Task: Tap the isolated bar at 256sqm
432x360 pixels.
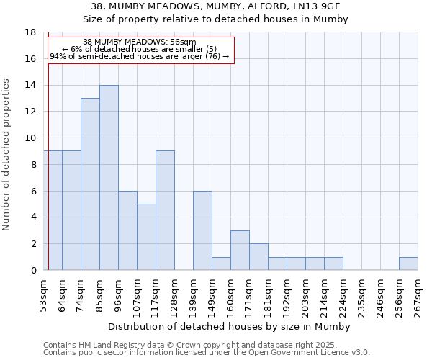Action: click(408, 264)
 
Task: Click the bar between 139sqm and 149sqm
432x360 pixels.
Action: click(202, 230)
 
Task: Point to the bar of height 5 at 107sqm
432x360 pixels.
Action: click(146, 237)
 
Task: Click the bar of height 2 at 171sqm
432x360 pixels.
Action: click(258, 257)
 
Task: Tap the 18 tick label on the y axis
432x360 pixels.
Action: click(30, 32)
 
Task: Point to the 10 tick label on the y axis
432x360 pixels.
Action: click(30, 138)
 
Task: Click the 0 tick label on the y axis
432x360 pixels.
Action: click(33, 270)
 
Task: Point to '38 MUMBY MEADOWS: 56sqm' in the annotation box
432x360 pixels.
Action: click(139, 42)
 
